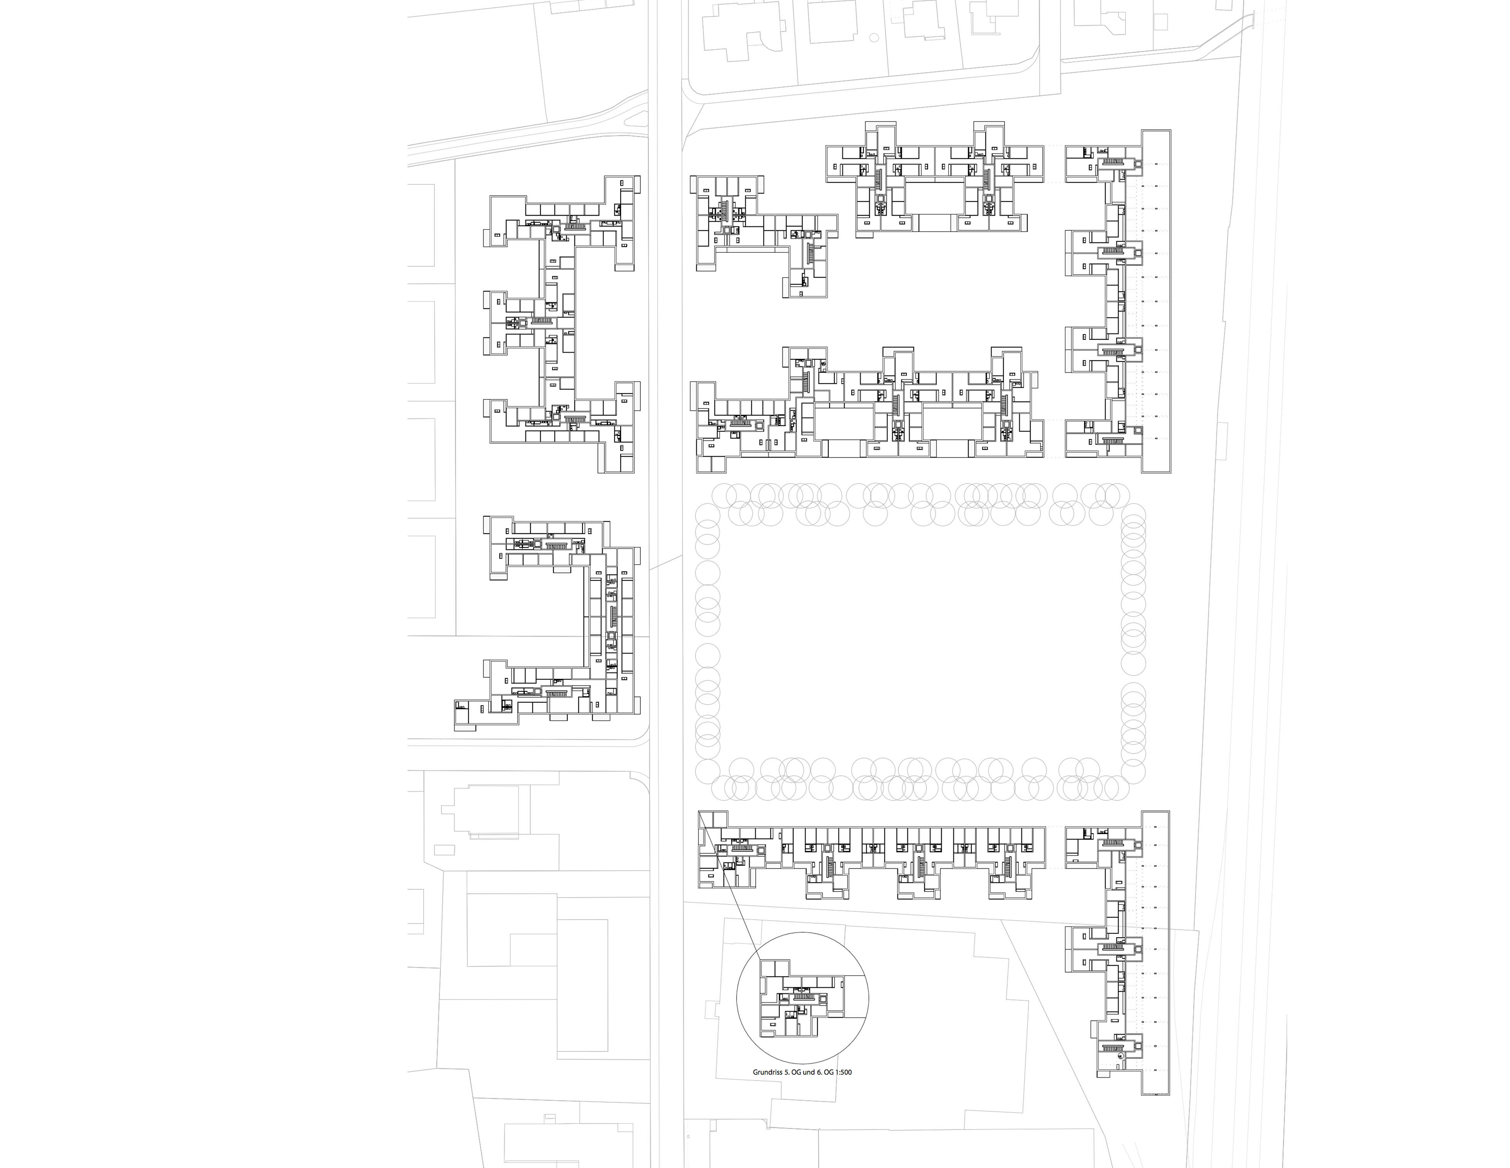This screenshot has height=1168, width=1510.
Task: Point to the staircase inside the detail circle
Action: (802, 997)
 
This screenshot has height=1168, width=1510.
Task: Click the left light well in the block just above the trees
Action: (844, 422)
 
